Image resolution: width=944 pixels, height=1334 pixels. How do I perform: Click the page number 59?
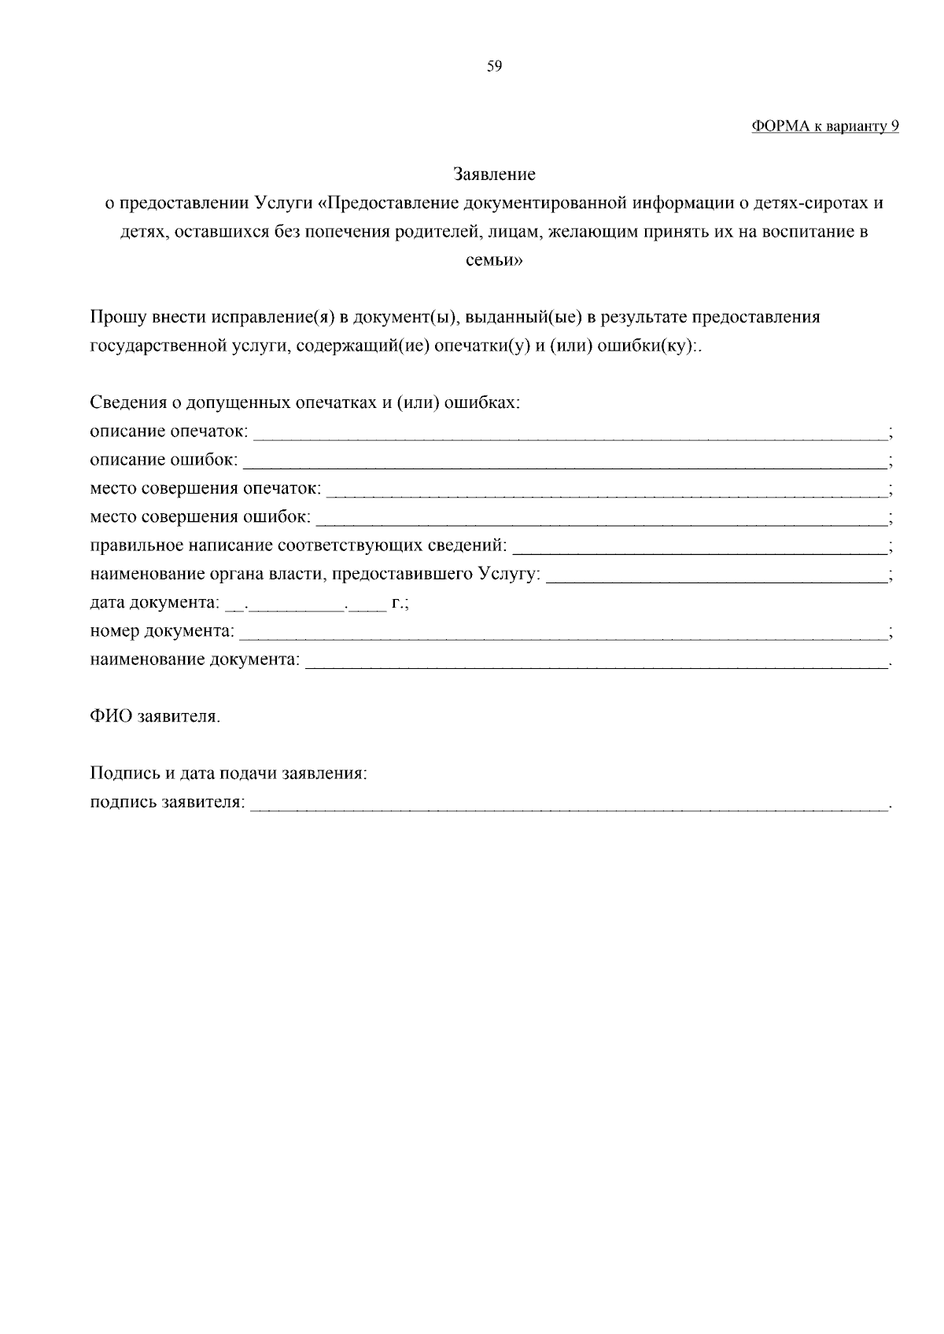click(494, 67)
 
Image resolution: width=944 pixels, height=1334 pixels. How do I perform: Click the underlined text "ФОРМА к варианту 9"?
click(825, 127)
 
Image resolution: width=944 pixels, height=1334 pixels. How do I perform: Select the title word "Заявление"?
click(494, 174)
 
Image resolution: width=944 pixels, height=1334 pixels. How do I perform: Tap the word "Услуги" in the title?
click(284, 203)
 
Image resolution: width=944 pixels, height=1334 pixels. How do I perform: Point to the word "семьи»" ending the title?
click(494, 260)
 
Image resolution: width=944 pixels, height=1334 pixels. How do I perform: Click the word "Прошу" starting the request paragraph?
click(114, 317)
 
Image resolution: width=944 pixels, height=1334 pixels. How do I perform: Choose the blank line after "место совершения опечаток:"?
click(606, 492)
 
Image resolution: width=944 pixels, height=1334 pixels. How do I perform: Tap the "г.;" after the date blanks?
click(400, 603)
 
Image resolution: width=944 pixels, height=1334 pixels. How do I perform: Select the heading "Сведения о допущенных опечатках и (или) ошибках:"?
click(305, 403)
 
